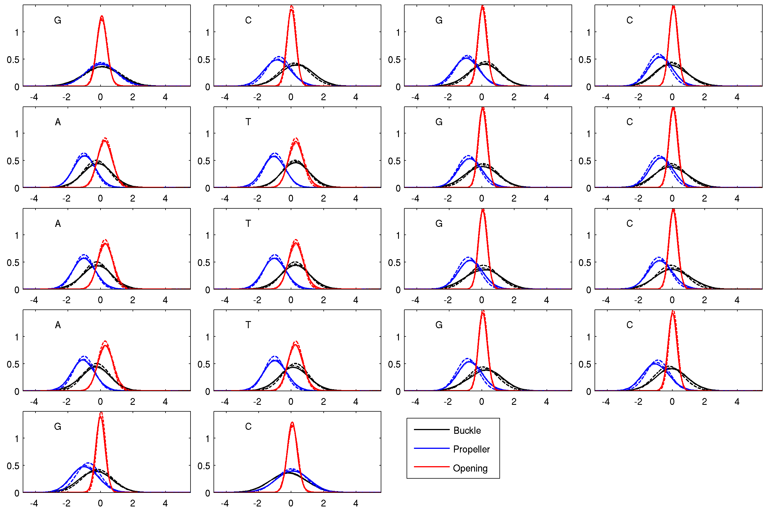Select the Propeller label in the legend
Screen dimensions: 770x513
pos(471,449)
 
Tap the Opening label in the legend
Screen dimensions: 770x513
pos(470,468)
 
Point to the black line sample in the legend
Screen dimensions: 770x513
pos(432,429)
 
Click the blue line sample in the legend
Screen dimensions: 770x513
pos(432,448)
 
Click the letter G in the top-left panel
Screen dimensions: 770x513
pos(58,20)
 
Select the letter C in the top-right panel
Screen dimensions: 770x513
pos(629,20)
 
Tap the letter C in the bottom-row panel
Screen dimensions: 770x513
pos(248,426)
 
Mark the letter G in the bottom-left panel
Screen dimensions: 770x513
pos(58,426)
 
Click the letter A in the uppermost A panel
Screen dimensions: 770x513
pos(58,122)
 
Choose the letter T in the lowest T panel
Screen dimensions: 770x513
pos(248,325)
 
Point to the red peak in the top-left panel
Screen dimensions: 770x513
pos(102,16)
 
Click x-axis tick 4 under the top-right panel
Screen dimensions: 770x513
pos(736,97)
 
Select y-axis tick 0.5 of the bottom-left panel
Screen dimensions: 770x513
pos(13,466)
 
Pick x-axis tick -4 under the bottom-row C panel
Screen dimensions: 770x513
pos(224,503)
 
